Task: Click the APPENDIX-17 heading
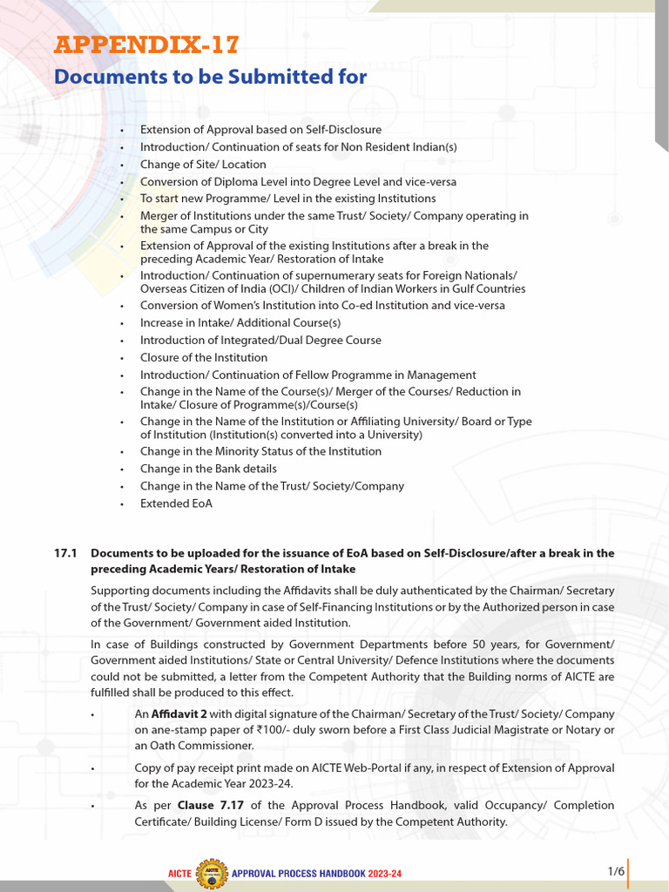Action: click(146, 44)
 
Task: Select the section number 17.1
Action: click(66, 553)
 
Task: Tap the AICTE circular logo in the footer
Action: click(211, 871)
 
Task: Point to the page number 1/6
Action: click(616, 871)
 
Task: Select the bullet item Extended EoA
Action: click(176, 503)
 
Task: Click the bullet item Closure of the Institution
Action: click(204, 357)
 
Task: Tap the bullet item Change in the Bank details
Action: click(208, 469)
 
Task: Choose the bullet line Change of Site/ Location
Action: click(203, 165)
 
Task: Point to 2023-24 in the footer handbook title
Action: click(382, 873)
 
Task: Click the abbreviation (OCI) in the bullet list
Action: click(298, 288)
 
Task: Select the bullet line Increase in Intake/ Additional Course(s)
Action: click(228, 323)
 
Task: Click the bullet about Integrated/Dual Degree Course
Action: click(260, 341)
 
